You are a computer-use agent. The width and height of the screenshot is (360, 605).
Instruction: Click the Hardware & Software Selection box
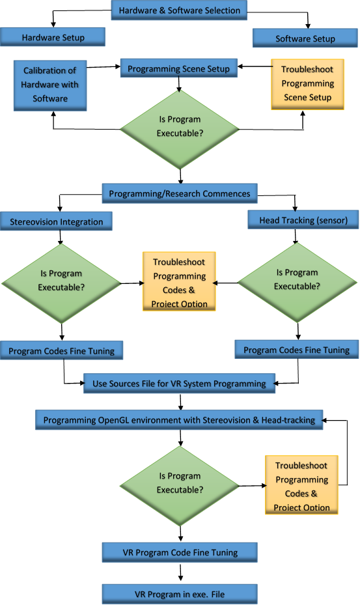[180, 10]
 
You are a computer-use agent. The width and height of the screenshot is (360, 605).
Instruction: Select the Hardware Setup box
[53, 38]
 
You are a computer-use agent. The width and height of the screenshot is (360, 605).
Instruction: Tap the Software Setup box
[305, 38]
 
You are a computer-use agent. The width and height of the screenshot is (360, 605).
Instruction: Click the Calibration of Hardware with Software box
[50, 85]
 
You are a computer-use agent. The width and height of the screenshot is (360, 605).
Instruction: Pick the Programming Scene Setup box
[178, 68]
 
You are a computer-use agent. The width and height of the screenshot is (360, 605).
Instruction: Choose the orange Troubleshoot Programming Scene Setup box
[307, 83]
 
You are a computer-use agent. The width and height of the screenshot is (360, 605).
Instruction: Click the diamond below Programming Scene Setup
[179, 126]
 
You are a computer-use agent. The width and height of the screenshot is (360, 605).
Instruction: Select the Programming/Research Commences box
[179, 194]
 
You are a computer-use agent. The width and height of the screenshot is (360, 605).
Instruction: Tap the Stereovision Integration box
[57, 221]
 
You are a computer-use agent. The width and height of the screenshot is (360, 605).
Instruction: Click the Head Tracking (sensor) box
[303, 220]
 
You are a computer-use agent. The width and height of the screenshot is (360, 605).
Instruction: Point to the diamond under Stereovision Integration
[61, 283]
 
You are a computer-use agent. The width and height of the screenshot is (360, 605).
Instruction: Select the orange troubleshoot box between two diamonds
[179, 283]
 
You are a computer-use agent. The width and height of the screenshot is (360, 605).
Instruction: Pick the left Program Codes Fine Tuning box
[61, 351]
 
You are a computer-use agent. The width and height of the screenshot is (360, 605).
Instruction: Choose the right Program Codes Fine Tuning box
[296, 350]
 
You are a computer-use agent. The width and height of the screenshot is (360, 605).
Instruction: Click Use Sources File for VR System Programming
[179, 384]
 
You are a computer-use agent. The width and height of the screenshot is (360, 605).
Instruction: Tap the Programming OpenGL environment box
[179, 420]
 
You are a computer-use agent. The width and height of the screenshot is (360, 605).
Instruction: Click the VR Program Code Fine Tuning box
[180, 552]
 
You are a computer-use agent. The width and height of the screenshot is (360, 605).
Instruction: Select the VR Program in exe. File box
[180, 594]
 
